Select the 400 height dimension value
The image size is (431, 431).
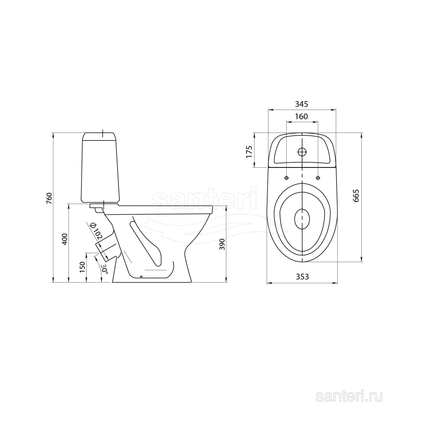point(65,239)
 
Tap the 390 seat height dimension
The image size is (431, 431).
point(222,244)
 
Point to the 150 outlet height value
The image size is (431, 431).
point(83,267)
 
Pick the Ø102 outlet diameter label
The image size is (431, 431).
point(96,232)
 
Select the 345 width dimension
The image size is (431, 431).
point(301,104)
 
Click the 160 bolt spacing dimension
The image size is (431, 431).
point(301,116)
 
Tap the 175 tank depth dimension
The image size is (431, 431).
point(249,152)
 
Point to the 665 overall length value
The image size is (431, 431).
point(356,196)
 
